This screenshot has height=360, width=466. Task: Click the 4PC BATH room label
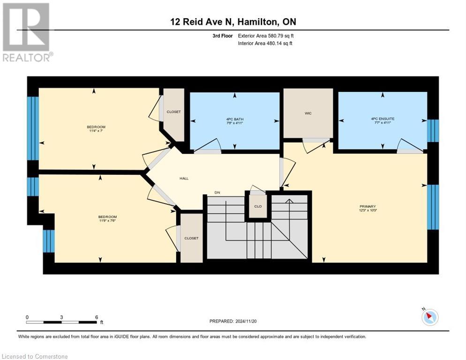pyautogui.click(x=234, y=119)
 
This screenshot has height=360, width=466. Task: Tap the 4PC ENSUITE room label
pyautogui.click(x=383, y=119)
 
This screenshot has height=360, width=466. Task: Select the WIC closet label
pyautogui.click(x=308, y=113)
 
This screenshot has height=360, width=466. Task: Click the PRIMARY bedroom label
pyautogui.click(x=368, y=206)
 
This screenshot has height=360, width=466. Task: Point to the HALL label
pyautogui.click(x=184, y=179)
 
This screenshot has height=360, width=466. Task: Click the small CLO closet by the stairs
pyautogui.click(x=257, y=205)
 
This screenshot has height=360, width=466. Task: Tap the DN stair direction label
pyautogui.click(x=217, y=192)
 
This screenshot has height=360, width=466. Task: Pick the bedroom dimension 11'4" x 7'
pyautogui.click(x=96, y=131)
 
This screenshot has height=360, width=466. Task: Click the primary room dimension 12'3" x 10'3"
pyautogui.click(x=368, y=210)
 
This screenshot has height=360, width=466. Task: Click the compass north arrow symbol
pyautogui.click(x=429, y=317)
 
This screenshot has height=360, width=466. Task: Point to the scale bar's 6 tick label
pyautogui.click(x=96, y=317)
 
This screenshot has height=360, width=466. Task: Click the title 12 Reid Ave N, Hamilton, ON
pyautogui.click(x=233, y=22)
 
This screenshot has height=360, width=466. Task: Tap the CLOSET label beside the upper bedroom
pyautogui.click(x=173, y=112)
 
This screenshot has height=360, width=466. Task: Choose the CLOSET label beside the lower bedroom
pyautogui.click(x=191, y=238)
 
